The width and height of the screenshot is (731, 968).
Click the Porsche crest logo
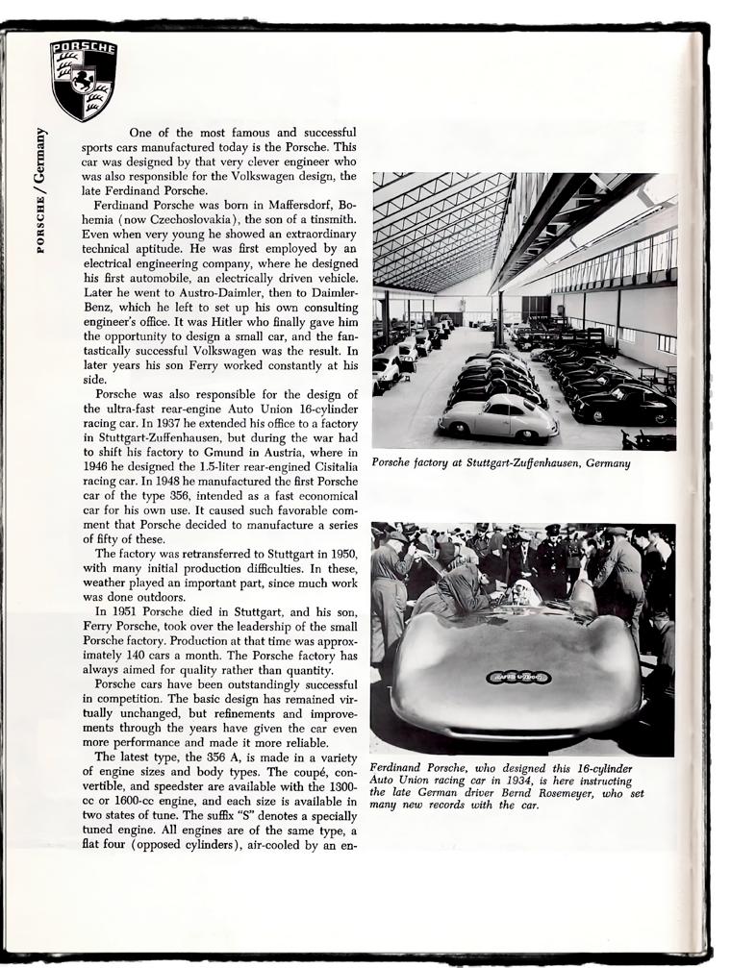(84, 81)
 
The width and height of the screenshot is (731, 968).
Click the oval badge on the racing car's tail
(517, 677)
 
